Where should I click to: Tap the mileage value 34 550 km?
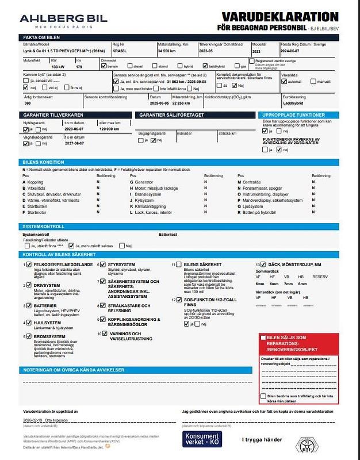click(x=166, y=51)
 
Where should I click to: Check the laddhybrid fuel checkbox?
click(x=205, y=67)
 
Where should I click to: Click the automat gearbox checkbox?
click(x=283, y=82)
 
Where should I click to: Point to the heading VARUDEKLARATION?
click(x=286, y=17)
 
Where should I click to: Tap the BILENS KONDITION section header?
click(x=43, y=163)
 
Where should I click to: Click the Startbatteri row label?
click(x=38, y=206)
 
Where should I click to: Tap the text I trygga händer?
click(x=263, y=440)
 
